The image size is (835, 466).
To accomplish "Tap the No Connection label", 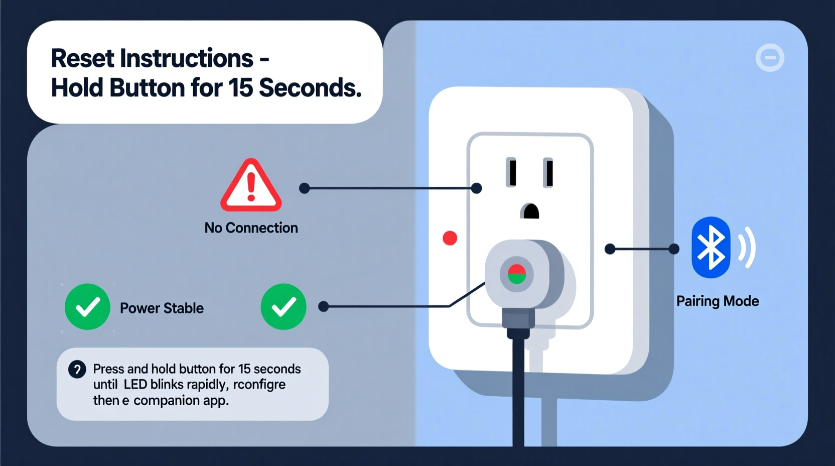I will click(x=251, y=228).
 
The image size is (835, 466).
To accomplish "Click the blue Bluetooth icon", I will click(x=711, y=248).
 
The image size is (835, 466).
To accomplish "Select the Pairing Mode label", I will click(x=717, y=301).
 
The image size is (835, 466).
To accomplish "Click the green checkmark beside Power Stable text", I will click(x=87, y=307).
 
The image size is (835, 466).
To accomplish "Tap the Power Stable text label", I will click(x=162, y=308).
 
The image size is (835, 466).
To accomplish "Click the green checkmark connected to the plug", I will click(x=284, y=307).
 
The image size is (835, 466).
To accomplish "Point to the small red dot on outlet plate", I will click(x=450, y=238).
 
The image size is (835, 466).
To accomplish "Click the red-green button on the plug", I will click(x=516, y=275).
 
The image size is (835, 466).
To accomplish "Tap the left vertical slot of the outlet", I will click(x=511, y=172).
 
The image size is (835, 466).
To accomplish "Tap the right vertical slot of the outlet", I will click(x=548, y=172).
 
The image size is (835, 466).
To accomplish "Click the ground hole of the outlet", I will click(x=530, y=211).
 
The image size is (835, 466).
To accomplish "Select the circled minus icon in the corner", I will click(x=770, y=58).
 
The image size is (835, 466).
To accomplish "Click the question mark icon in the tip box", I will click(x=77, y=370).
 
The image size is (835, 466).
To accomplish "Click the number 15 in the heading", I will click(x=240, y=88).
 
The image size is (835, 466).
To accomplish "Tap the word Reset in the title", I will click(x=83, y=58).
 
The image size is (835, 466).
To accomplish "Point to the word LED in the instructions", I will click(x=135, y=385).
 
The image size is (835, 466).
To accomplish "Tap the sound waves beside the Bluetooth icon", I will click(x=748, y=248).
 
